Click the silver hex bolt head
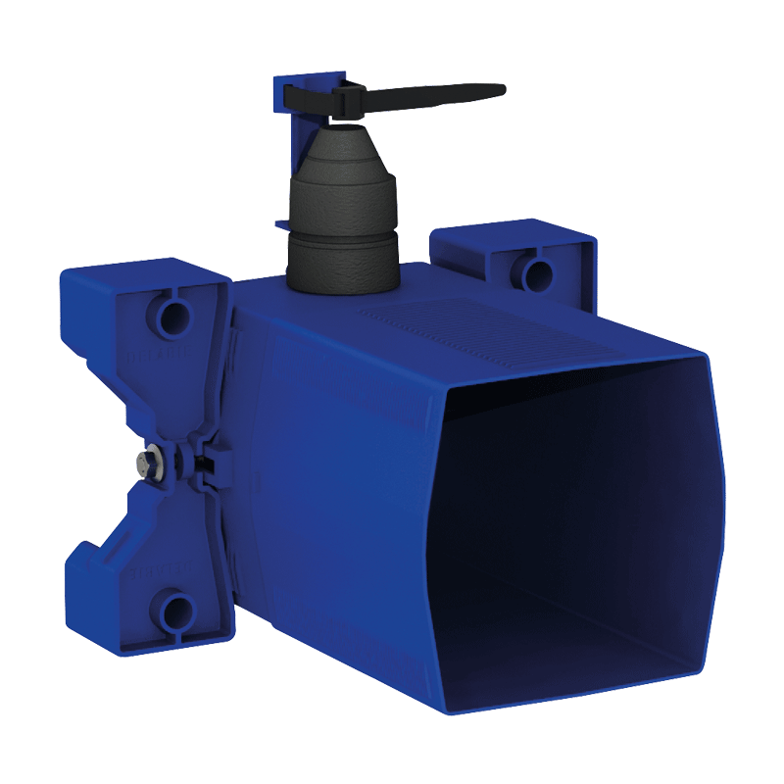pyautogui.click(x=147, y=461)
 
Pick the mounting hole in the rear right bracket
pyautogui.click(x=536, y=271)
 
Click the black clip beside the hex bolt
pyautogui.click(x=201, y=461)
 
